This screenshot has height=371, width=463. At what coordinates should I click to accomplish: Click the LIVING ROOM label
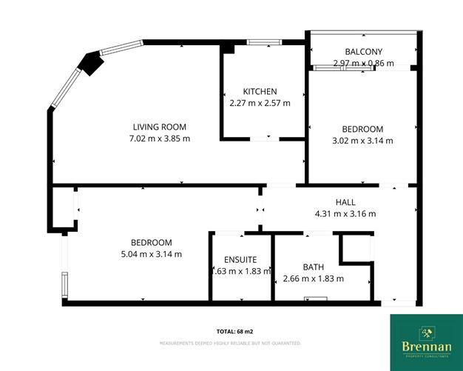click(x=159, y=126)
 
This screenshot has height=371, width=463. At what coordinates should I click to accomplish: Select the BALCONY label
click(x=363, y=51)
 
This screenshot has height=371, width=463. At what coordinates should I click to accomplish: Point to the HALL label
click(x=345, y=202)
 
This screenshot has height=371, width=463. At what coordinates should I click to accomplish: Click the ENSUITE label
click(x=240, y=260)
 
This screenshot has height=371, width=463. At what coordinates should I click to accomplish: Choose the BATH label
click(x=314, y=267)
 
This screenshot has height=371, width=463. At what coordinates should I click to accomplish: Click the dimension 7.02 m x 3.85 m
click(x=159, y=138)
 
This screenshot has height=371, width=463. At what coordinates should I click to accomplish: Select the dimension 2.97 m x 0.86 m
click(x=363, y=64)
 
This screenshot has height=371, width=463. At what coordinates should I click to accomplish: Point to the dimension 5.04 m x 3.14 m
click(x=151, y=254)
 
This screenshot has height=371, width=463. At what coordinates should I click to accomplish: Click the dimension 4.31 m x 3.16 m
click(x=345, y=214)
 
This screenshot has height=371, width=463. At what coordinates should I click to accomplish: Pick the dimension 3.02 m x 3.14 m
click(x=362, y=140)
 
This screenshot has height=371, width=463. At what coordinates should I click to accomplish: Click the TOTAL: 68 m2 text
click(x=231, y=331)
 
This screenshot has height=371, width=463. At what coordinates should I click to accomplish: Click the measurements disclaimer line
click(x=231, y=343)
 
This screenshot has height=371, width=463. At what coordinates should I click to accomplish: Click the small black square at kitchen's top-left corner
click(x=228, y=48)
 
